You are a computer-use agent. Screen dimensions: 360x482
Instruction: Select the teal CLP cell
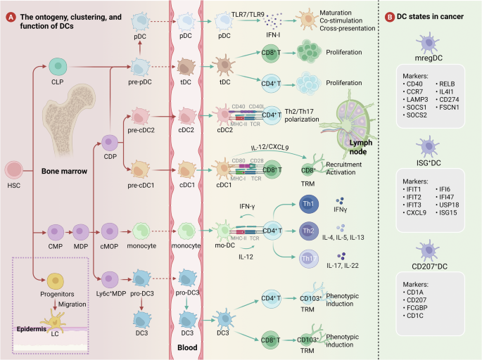point(56,67)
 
